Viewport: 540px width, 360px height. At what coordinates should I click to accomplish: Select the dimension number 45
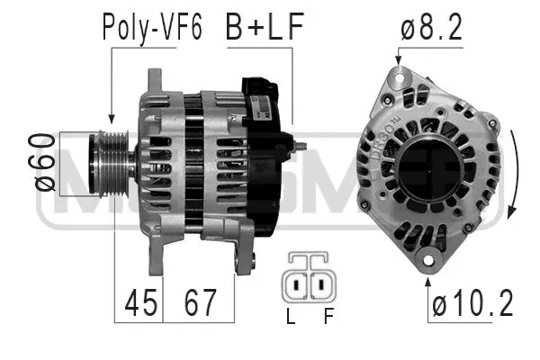point(138,303)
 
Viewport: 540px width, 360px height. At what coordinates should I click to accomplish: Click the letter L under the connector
point(290,318)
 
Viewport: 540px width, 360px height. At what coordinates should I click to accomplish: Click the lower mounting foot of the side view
point(240,256)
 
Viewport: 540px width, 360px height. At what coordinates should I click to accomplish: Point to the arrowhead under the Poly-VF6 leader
point(111,118)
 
